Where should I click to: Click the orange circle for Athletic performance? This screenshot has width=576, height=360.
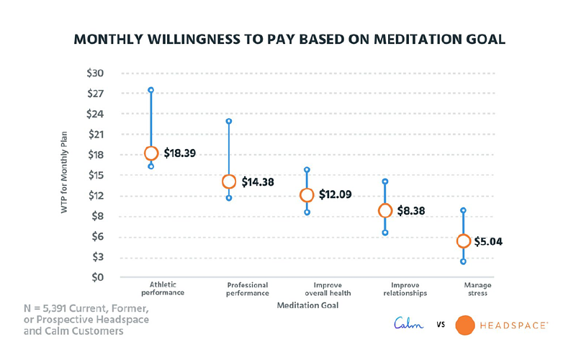click(151, 153)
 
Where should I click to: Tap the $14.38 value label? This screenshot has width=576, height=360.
click(258, 182)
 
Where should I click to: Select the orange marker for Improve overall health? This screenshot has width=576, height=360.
click(307, 194)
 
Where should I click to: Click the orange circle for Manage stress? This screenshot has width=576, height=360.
click(463, 241)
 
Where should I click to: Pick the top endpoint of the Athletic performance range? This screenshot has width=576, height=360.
click(151, 90)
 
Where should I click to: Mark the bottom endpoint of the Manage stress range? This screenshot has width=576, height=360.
click(463, 261)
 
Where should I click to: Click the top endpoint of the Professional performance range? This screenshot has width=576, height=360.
click(229, 121)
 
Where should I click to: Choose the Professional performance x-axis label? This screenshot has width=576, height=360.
click(248, 289)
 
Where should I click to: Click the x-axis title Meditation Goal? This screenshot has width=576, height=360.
click(307, 305)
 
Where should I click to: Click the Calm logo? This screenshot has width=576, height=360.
click(410, 325)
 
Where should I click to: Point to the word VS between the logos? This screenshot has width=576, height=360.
click(440, 325)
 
